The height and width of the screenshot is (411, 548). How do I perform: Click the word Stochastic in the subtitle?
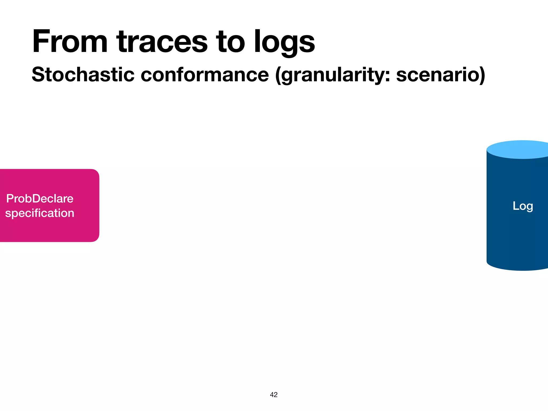[83, 74]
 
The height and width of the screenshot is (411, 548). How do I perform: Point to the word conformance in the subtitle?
[205, 74]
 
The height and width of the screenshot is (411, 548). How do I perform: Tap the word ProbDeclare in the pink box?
[40, 199]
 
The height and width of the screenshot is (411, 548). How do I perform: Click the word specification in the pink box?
[40, 213]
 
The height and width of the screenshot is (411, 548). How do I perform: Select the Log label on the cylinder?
[523, 206]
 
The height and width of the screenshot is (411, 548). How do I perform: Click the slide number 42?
[274, 395]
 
